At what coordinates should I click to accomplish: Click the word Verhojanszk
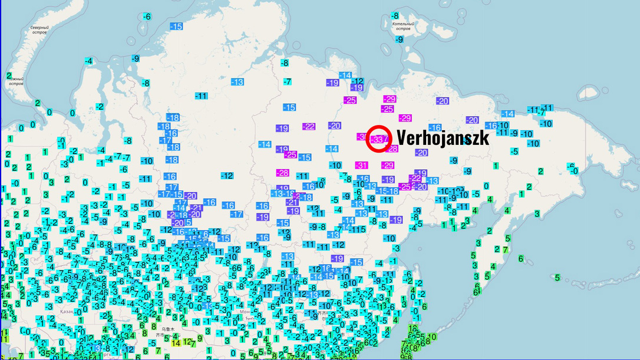pyautogui.click(x=443, y=137)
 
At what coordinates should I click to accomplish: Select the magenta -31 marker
pyautogui.click(x=361, y=166)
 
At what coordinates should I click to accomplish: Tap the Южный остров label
pyautogui.click(x=16, y=81)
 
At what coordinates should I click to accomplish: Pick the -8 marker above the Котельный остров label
pyautogui.click(x=395, y=15)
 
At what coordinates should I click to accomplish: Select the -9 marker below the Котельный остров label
pyautogui.click(x=399, y=39)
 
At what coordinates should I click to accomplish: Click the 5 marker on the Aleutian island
pyautogui.click(x=557, y=278)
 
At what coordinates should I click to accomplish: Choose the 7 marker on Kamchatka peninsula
pyautogui.click(x=504, y=250)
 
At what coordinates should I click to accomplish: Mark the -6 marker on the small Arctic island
pyautogui.click(x=147, y=16)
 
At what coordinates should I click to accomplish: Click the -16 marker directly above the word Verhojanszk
pyautogui.click(x=435, y=128)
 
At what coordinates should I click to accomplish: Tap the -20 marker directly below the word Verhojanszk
pyautogui.click(x=421, y=153)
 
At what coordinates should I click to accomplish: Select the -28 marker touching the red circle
pyautogui.click(x=392, y=149)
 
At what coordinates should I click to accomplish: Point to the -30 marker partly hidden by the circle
pyautogui.click(x=361, y=137)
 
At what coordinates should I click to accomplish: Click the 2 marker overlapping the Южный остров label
pyautogui.click(x=9, y=75)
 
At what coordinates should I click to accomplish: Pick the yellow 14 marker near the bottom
pyautogui.click(x=176, y=343)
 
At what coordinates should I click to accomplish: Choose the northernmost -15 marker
pyautogui.click(x=176, y=27)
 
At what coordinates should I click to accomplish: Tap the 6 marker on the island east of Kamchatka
pyautogui.click(x=521, y=258)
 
